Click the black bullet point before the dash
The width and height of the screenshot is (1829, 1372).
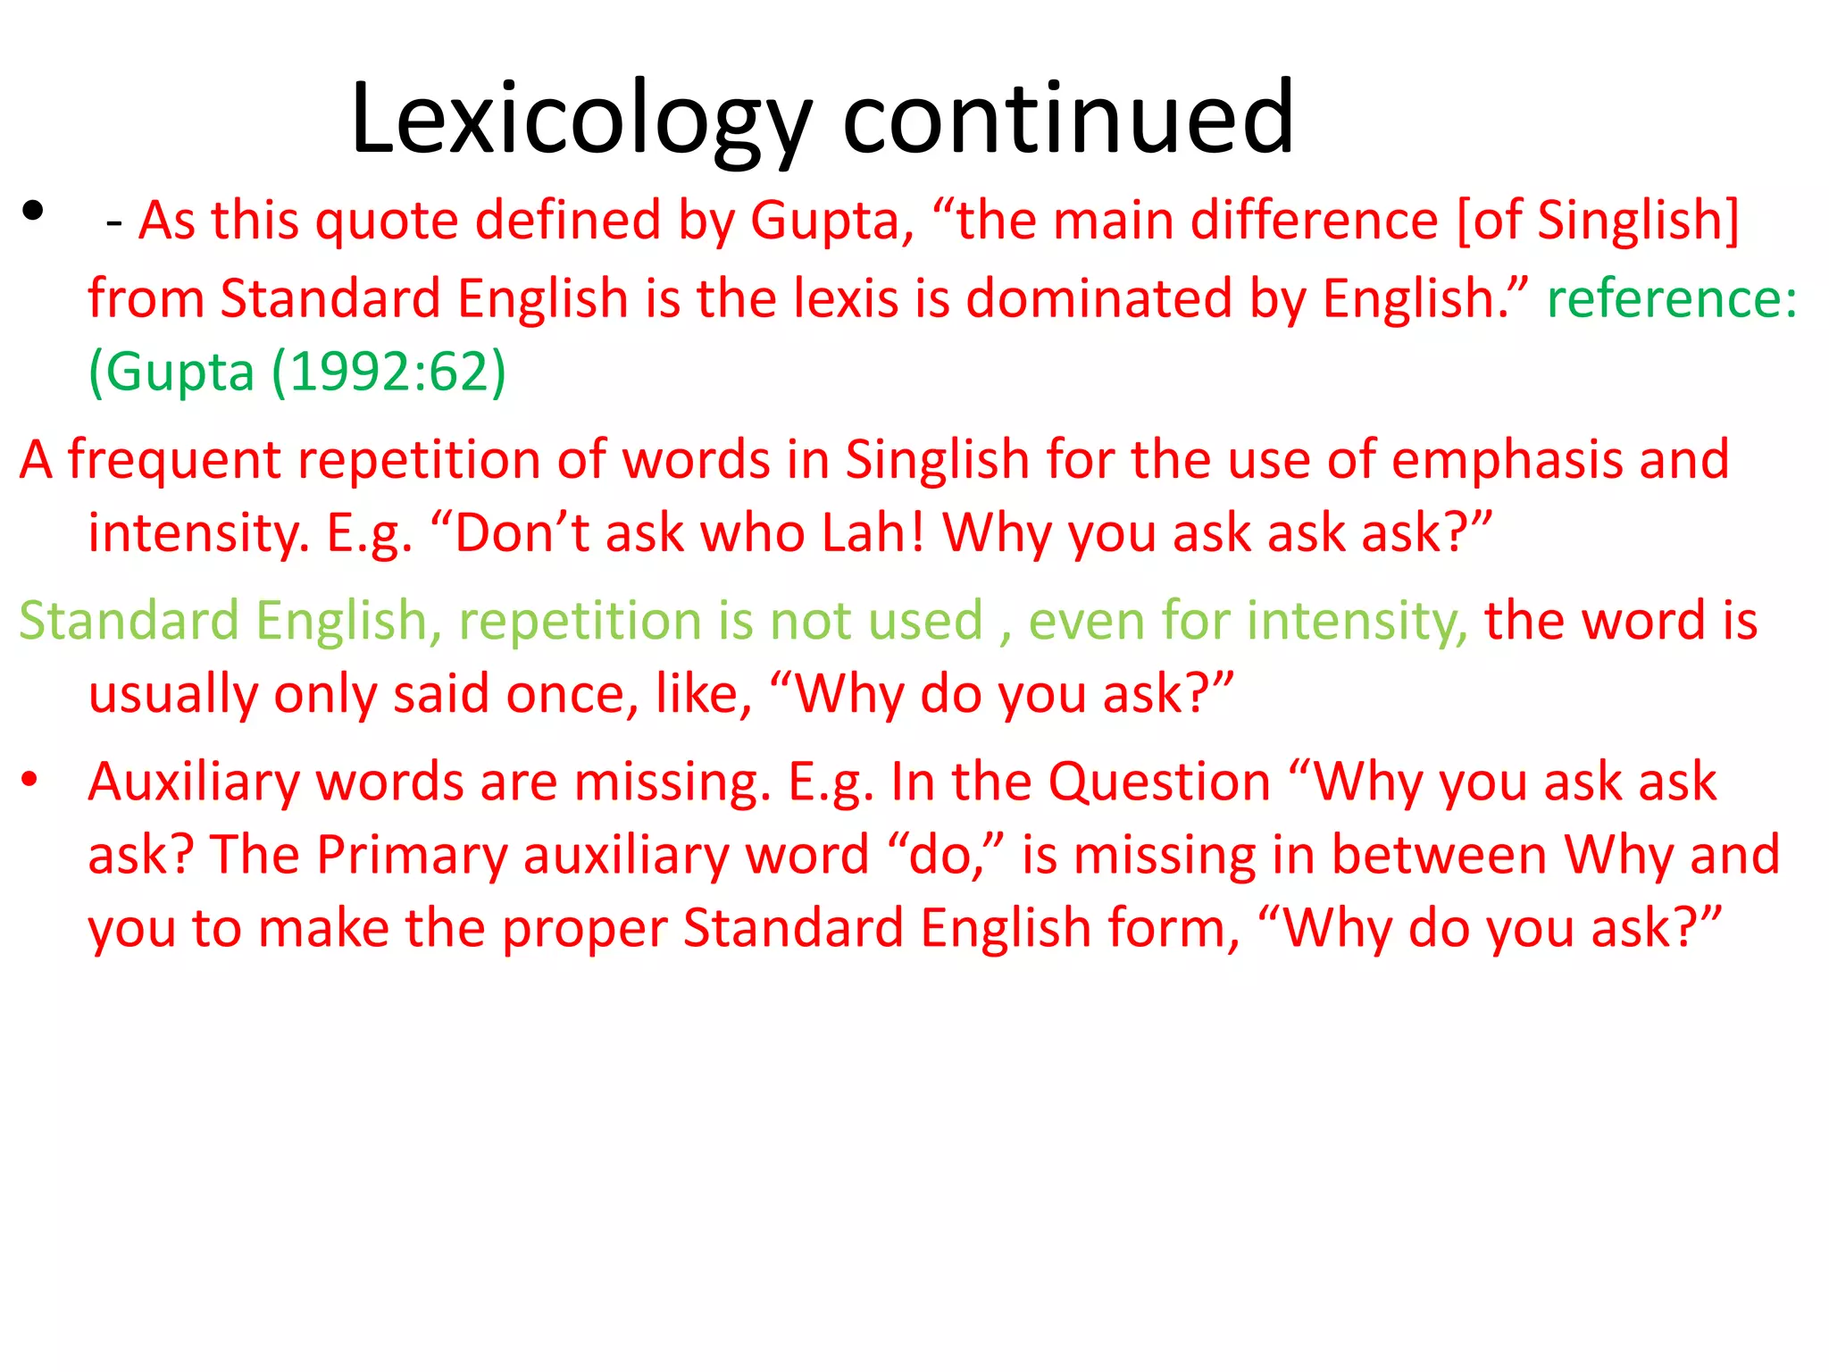coord(33,212)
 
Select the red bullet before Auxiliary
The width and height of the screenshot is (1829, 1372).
coord(29,779)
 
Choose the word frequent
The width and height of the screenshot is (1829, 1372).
coord(175,461)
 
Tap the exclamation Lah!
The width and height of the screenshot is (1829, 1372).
coord(873,533)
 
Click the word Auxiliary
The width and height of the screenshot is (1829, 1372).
coord(194,782)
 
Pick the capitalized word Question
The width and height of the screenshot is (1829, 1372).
coord(1158,782)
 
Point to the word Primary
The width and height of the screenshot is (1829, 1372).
coord(412,855)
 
